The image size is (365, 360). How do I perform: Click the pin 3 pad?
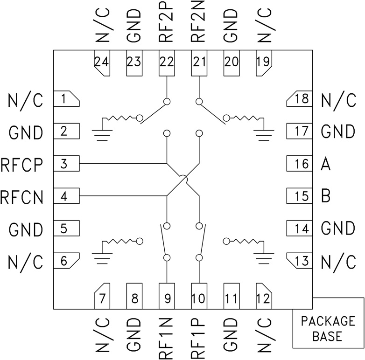tap(67, 164)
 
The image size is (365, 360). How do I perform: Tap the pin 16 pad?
tap(299, 164)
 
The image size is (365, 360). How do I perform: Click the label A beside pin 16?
tap(326, 164)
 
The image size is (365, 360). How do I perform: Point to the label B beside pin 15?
tap(326, 196)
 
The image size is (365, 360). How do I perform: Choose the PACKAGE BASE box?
tap(328, 328)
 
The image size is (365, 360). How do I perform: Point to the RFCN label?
tap(22, 197)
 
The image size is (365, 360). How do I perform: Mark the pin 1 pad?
tap(67, 99)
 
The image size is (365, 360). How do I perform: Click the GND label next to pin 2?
tap(26, 132)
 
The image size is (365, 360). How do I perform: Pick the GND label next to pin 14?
tap(338, 228)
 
